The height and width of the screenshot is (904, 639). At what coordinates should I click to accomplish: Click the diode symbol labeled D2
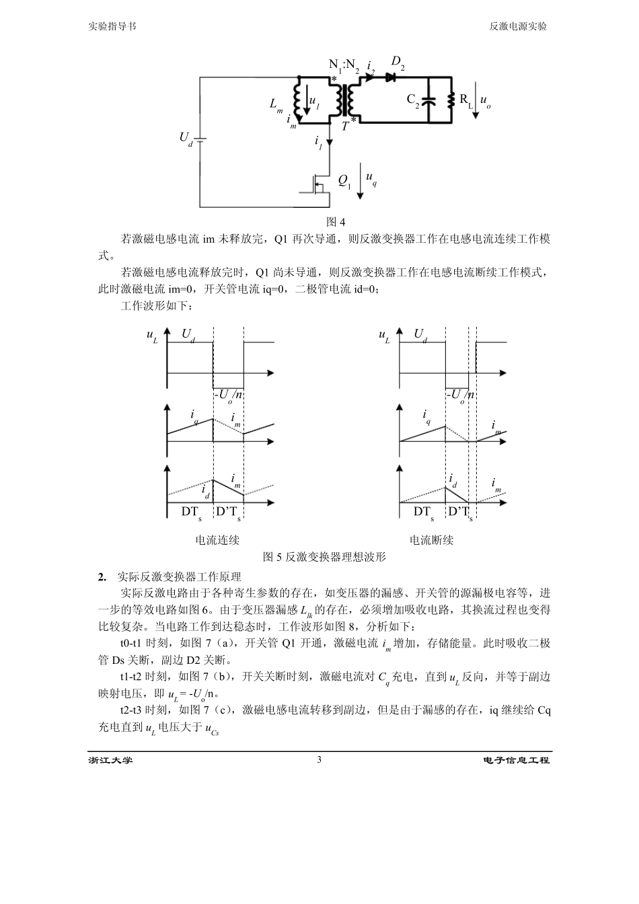[x=389, y=77]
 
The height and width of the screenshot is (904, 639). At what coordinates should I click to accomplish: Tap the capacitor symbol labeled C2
[x=431, y=101]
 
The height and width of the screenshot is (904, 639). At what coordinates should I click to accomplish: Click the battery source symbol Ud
[x=200, y=140]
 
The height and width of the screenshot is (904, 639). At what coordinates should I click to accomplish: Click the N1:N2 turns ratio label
[x=344, y=65]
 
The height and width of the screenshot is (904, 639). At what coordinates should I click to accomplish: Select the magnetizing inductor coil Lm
[x=296, y=100]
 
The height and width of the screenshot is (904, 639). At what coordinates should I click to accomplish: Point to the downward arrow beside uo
[x=475, y=100]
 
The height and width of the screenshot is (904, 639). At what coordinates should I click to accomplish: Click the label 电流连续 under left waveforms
[x=217, y=539]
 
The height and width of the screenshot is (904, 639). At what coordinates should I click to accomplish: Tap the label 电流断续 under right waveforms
[x=431, y=539]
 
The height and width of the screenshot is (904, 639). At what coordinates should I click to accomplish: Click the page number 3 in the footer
[x=319, y=760]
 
